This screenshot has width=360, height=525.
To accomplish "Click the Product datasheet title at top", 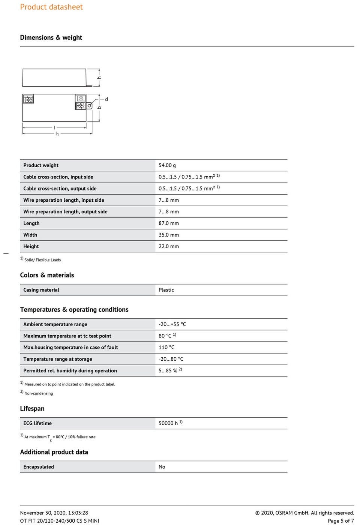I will click(x=51, y=7).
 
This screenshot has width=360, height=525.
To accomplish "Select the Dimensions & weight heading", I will click(x=51, y=37).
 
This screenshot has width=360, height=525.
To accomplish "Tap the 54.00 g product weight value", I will click(x=167, y=165).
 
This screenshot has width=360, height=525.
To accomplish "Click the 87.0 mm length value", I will click(x=169, y=223).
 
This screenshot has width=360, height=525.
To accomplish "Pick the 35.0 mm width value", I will click(x=169, y=235).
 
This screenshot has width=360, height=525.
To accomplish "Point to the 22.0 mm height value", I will click(x=169, y=247).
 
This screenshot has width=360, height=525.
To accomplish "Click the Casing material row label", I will click(x=41, y=290).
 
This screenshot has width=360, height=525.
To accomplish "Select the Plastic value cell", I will click(x=166, y=290).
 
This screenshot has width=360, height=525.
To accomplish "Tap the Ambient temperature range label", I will click(x=55, y=324).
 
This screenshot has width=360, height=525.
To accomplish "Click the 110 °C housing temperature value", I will click(x=166, y=348).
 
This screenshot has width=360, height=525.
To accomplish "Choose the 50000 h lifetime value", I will click(x=168, y=423).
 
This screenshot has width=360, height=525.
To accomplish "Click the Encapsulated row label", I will click(x=39, y=467).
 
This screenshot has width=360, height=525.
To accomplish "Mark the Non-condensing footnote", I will click(x=38, y=393).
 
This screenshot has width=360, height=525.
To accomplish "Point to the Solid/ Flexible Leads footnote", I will click(x=42, y=260).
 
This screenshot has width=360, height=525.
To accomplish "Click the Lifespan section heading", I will click(x=32, y=409).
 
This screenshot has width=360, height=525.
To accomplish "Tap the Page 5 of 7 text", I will click(x=340, y=521).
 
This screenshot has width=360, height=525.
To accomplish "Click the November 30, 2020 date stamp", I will click(x=54, y=513).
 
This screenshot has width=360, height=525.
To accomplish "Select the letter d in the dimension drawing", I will click(x=106, y=99).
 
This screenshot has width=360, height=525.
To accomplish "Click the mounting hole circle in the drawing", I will click(x=90, y=106).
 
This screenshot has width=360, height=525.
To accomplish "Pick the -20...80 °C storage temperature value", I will click(x=171, y=359).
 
